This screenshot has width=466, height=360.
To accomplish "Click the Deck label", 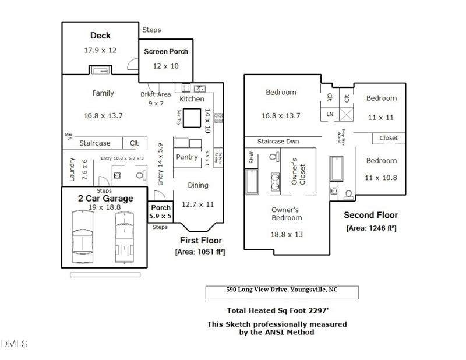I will click(100, 36).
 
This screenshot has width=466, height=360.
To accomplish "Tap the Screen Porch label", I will click(166, 51).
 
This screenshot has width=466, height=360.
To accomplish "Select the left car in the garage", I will click(82, 236).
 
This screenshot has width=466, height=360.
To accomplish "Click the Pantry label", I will click(187, 157).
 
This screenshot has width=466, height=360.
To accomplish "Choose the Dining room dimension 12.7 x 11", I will click(198, 204).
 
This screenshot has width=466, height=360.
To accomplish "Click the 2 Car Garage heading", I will click(105, 199).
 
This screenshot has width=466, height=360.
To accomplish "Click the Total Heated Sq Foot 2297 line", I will click(281, 310).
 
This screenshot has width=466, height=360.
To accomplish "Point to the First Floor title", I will click(200, 240).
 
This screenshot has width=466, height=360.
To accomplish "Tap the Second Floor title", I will click(370, 215).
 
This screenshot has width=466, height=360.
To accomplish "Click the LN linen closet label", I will click(330, 114).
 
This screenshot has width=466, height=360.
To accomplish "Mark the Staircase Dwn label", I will click(278, 142).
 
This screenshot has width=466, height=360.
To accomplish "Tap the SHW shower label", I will click(252, 157).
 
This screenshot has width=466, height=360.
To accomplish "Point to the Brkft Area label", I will click(156, 94).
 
